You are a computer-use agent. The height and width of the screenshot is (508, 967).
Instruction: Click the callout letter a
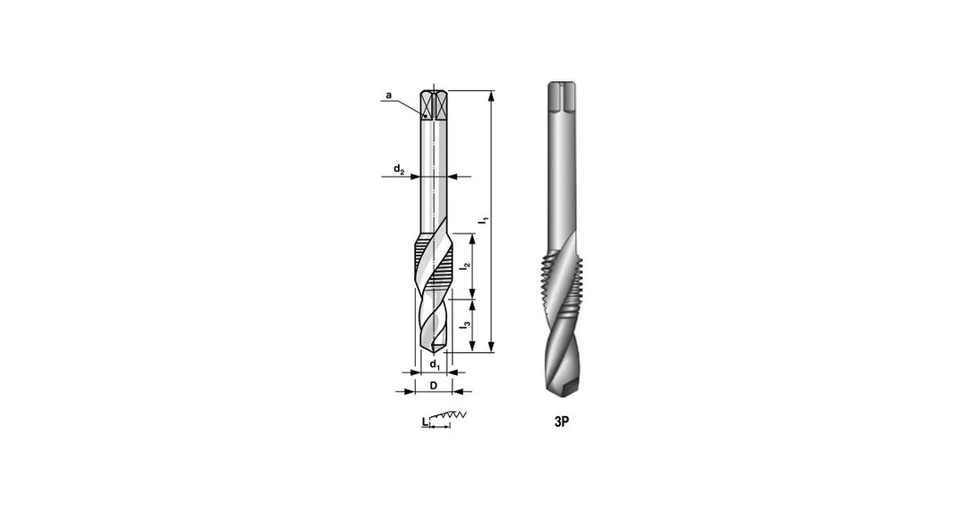click(x=388, y=95)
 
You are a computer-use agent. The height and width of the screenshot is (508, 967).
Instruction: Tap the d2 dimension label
click(x=399, y=169)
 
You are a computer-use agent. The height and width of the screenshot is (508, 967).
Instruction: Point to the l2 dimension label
click(x=466, y=266)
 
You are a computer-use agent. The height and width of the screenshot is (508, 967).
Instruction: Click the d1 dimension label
click(x=435, y=364)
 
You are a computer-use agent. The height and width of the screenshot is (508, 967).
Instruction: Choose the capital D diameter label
click(x=434, y=386)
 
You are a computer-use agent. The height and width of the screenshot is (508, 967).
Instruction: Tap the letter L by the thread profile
click(x=425, y=422)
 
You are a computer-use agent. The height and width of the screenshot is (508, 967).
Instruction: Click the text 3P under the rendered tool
click(x=561, y=422)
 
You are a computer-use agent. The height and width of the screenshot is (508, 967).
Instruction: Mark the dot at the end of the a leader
click(x=425, y=116)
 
